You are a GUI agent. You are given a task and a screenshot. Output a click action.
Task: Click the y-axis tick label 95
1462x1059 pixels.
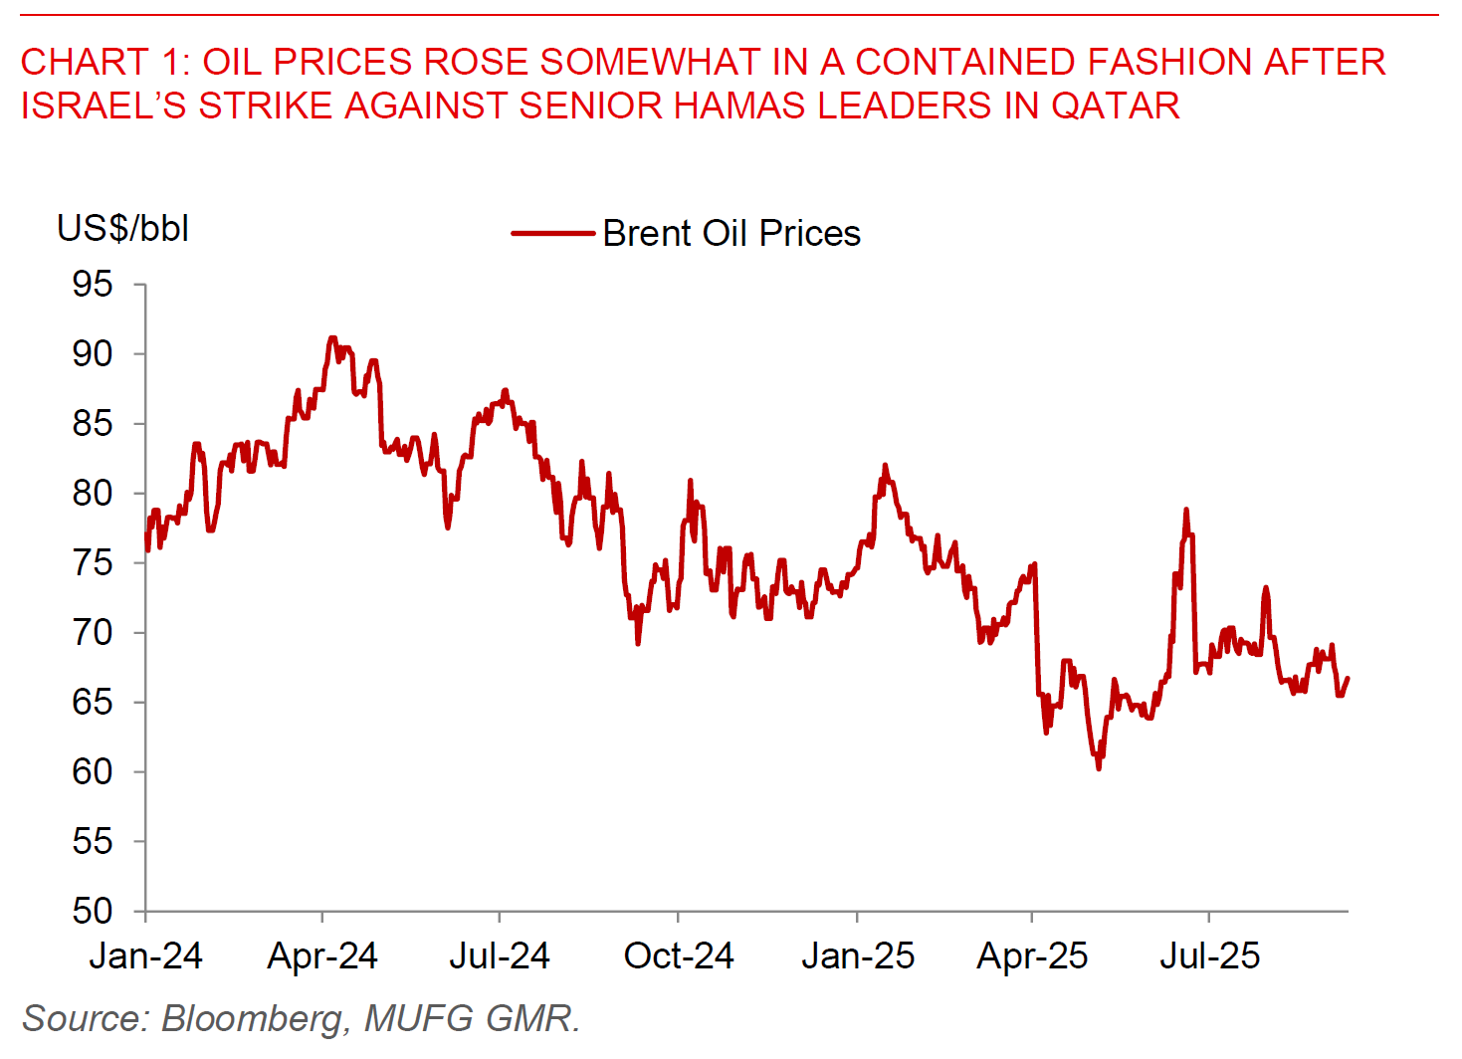click(x=92, y=285)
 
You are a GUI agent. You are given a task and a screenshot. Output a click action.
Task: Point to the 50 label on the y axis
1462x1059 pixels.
click(x=92, y=911)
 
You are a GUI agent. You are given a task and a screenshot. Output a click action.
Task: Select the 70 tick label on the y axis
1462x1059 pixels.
click(x=92, y=632)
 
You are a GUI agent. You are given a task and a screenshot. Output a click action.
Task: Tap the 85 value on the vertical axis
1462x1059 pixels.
click(x=92, y=424)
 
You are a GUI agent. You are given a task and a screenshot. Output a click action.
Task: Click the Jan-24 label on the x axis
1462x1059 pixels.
click(x=145, y=955)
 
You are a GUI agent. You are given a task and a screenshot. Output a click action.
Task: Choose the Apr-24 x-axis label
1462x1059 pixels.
click(x=322, y=955)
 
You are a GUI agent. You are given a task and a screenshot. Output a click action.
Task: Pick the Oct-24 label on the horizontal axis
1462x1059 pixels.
click(x=679, y=955)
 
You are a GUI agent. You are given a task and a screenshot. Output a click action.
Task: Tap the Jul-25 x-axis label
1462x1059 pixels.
click(x=1209, y=955)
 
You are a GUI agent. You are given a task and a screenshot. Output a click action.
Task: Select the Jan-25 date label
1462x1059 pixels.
click(x=858, y=955)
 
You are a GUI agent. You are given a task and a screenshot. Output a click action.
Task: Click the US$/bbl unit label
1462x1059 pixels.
click(x=122, y=229)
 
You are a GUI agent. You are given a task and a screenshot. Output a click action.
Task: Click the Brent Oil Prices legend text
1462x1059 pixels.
click(x=731, y=234)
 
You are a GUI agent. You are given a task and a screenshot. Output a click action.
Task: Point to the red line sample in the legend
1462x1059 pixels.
click(x=552, y=234)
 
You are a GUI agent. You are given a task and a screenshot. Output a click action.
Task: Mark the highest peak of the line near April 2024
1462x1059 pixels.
click(x=332, y=337)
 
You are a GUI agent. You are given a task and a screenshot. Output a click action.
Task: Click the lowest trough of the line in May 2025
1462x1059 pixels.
click(x=1099, y=768)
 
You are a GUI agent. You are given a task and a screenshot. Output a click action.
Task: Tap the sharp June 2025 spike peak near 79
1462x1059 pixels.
click(x=1186, y=510)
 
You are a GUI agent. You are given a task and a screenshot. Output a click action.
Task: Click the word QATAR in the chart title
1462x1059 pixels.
click(x=1116, y=106)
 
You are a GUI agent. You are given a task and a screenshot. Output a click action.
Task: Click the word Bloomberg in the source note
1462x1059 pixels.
click(x=253, y=1019)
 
